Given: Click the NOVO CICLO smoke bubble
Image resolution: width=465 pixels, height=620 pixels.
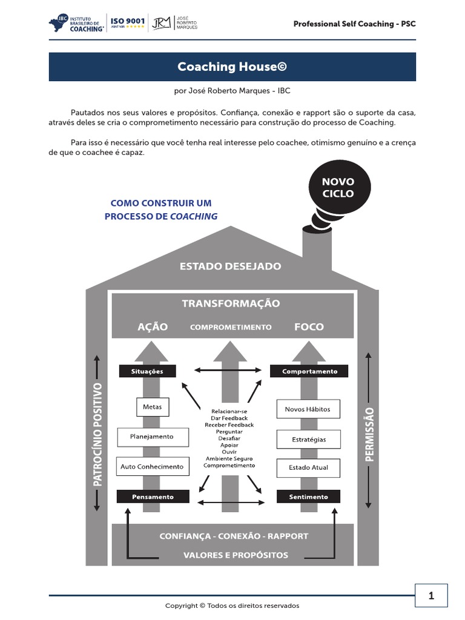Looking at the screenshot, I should click(338, 188).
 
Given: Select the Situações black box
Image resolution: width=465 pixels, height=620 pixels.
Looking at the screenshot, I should click(148, 371).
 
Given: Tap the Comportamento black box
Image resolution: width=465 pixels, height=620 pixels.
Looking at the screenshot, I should click(309, 371).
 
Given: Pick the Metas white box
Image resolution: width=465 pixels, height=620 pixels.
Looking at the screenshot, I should click(152, 407).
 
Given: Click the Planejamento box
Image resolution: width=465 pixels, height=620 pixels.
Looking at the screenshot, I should click(152, 437).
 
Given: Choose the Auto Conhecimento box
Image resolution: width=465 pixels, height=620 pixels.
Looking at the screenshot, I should click(152, 467).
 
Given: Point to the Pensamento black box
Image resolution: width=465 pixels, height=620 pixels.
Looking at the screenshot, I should click(153, 496).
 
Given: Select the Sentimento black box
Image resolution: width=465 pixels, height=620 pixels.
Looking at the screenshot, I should click(309, 496).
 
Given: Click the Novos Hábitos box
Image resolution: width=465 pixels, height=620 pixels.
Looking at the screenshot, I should click(308, 409).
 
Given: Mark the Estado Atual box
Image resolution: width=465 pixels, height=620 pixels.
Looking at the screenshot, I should click(308, 467).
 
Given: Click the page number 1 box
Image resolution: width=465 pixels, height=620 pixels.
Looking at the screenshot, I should click(431, 596).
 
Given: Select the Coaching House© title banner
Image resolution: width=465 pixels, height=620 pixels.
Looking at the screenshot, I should click(232, 67).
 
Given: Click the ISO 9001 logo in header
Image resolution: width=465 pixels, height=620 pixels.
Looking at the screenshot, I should click(127, 23).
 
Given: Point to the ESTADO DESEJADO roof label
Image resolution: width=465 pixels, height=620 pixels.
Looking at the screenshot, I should click(230, 266).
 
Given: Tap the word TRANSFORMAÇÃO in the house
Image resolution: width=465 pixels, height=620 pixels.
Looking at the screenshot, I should click(231, 303).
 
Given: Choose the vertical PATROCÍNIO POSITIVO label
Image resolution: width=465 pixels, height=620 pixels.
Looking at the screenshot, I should click(97, 434).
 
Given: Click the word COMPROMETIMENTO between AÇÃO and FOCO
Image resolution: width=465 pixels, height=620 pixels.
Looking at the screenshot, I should click(231, 327).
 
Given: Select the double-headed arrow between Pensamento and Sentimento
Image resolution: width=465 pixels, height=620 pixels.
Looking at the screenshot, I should click(231, 503).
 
